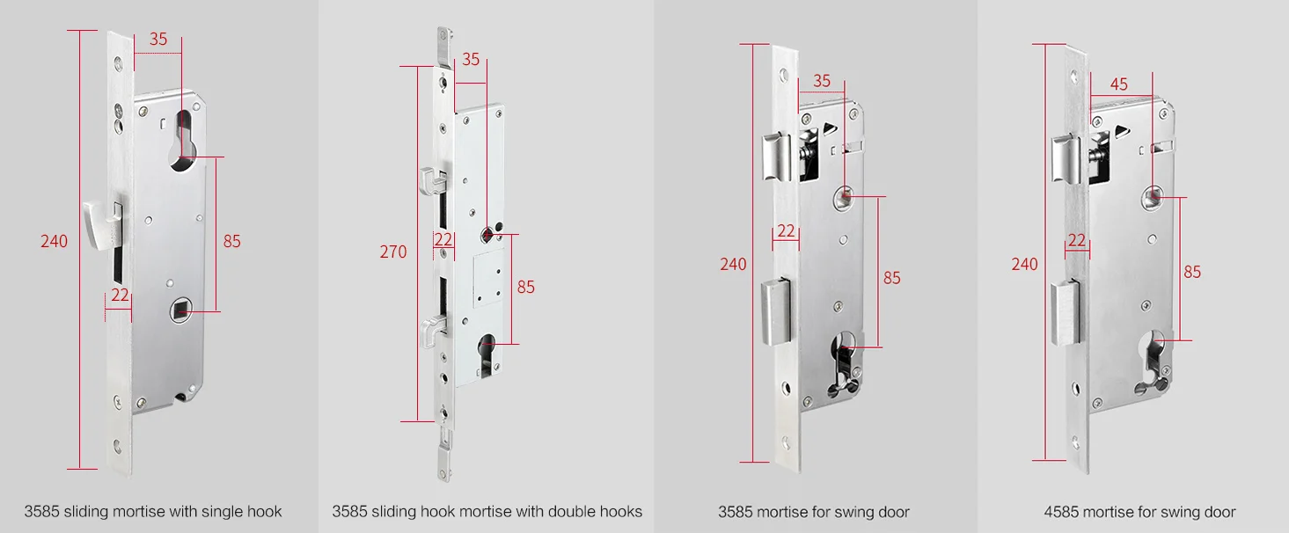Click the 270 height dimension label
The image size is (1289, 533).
(393, 252)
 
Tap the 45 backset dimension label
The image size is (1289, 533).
(1118, 84)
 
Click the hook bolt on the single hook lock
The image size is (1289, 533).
(103, 225)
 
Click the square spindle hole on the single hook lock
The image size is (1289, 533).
(180, 311)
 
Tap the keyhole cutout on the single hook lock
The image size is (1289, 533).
(184, 141)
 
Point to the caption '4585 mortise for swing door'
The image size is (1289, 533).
(1139, 512)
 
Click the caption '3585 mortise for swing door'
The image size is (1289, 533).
(813, 512)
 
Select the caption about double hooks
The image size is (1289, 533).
(487, 512)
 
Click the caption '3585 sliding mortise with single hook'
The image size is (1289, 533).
(152, 512)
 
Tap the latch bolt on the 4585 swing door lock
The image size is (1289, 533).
(1066, 158)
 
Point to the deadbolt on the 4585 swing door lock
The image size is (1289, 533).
(1066, 313)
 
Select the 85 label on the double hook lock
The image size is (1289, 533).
(525, 287)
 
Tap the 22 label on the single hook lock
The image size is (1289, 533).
(120, 295)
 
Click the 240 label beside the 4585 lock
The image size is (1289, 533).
(1025, 265)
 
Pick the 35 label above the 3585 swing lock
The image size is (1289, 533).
(822, 81)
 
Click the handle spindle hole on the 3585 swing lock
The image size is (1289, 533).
(844, 198)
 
